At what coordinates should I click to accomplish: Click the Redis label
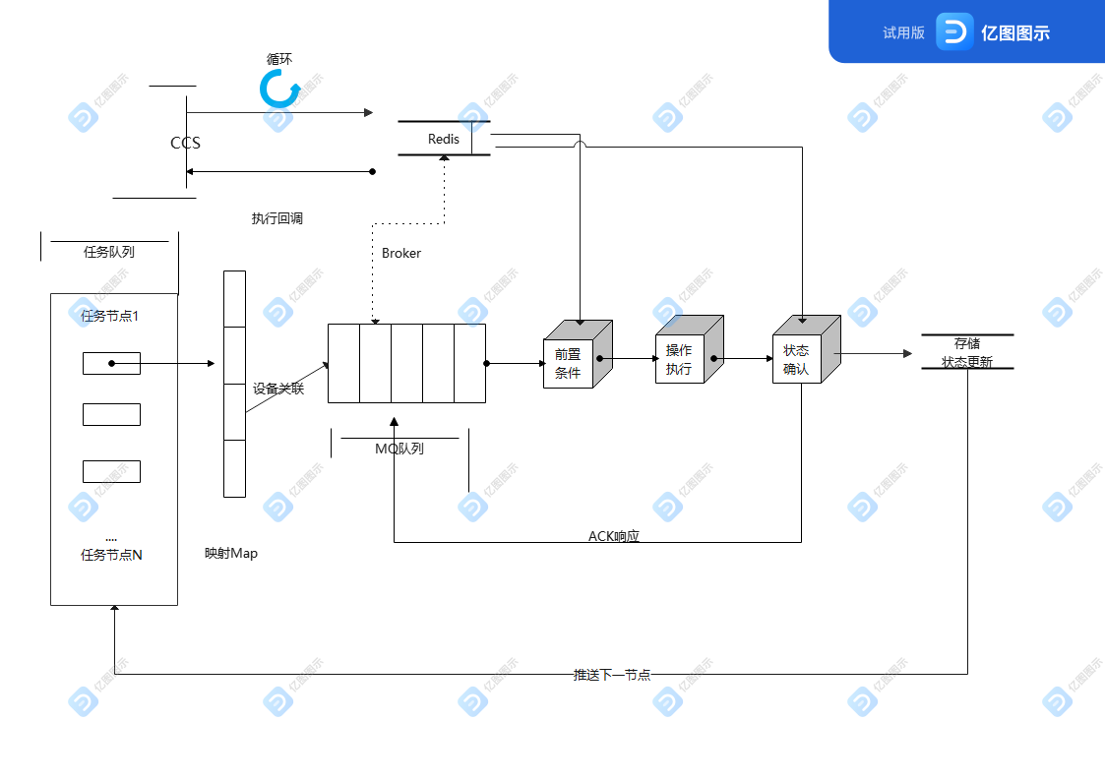coord(443,140)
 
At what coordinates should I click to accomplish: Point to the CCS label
coord(185,144)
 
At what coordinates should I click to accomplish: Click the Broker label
coord(401,253)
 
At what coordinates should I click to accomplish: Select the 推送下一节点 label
coord(612,675)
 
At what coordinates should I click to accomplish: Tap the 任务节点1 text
coord(110,316)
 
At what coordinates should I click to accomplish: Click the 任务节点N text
coord(111,555)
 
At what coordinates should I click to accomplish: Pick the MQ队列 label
coord(399,449)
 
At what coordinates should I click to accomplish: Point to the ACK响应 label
coord(614,536)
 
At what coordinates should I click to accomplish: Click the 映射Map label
coord(231,553)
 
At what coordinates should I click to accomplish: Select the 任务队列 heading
coord(109,252)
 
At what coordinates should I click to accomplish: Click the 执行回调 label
coord(277,218)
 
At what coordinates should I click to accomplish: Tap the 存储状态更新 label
coord(966,353)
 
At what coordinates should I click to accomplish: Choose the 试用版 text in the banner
coord(903,32)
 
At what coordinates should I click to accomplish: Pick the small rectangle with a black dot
coord(111,364)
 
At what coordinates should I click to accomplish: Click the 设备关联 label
coord(278,390)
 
